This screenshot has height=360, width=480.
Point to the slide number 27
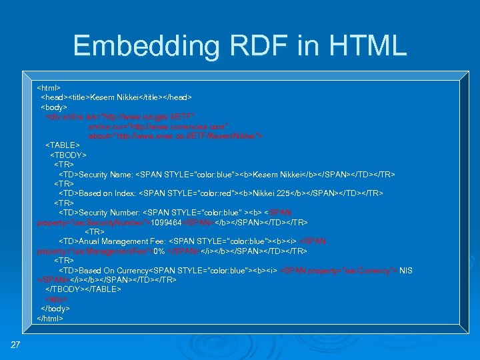click(x=15, y=344)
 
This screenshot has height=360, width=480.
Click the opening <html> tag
click(x=49, y=87)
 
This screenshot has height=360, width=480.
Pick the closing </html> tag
click(x=50, y=319)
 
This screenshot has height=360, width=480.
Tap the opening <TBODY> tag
click(x=69, y=155)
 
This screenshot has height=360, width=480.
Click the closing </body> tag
click(x=55, y=309)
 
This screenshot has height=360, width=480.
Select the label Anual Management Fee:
click(x=122, y=241)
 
